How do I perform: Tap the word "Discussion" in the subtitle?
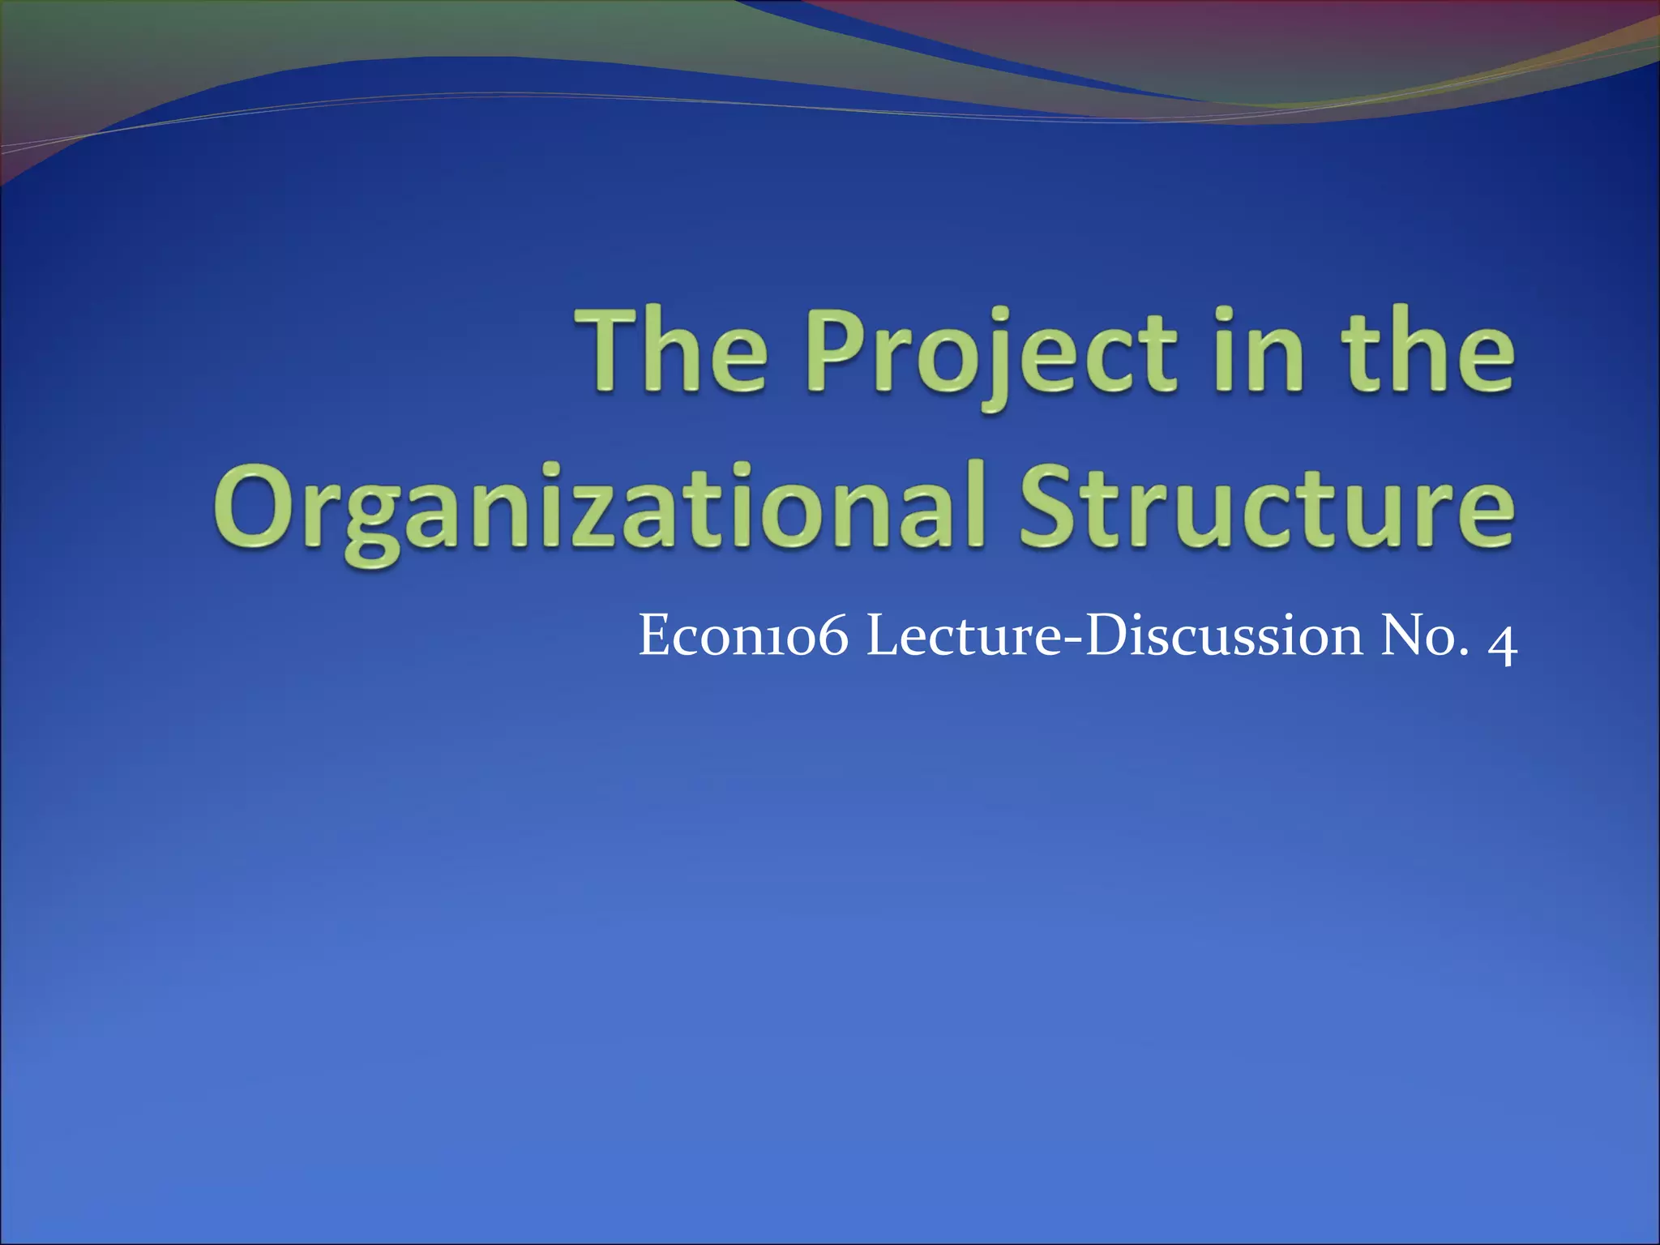click(1224, 636)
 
